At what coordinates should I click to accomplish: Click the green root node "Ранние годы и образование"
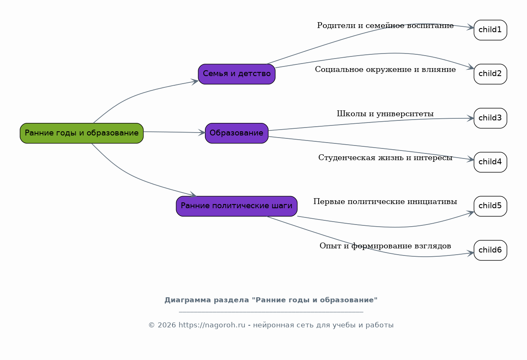[82, 133]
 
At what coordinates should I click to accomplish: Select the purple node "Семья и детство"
[237, 74]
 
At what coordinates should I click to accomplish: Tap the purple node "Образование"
[237, 133]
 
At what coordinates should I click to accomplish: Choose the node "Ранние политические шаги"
[237, 206]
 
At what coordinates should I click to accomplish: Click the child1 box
[490, 30]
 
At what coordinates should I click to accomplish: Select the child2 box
[490, 74]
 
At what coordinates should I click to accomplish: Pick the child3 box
[490, 118]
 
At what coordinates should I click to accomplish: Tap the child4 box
[490, 162]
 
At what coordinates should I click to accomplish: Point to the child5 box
[490, 206]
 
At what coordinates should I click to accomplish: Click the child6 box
[490, 250]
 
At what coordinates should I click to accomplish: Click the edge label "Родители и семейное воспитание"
[385, 26]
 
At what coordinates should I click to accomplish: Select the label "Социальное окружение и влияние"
[385, 69]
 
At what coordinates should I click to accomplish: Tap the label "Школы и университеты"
[385, 114]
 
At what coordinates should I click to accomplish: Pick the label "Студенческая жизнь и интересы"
[385, 158]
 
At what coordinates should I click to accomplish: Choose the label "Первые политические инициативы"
[385, 202]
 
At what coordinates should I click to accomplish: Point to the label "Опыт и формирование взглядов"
[385, 246]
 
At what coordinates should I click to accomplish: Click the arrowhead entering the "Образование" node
[202, 133]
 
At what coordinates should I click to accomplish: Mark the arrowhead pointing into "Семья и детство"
[195, 82]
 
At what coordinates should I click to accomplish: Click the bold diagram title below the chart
[271, 300]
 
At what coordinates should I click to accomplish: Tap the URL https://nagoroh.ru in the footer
[212, 325]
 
